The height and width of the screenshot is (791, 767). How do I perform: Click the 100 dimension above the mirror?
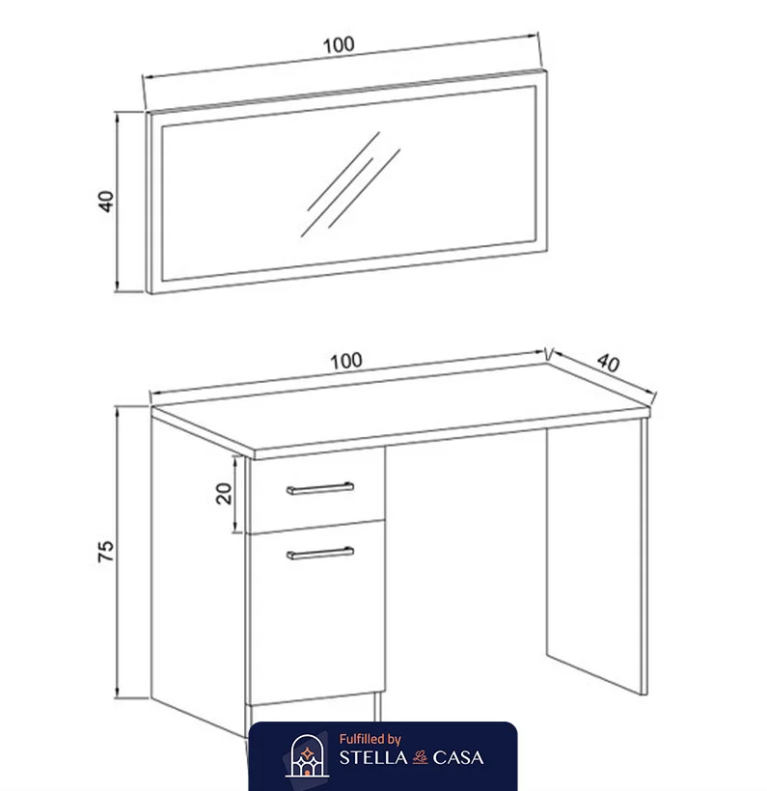338,45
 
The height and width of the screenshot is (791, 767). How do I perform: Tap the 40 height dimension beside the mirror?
106,201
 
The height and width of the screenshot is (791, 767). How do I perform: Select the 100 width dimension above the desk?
345,361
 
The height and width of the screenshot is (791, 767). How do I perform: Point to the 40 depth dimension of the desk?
608,363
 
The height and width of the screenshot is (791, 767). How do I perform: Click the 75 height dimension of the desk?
105,551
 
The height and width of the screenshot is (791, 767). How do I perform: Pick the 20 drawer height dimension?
224,493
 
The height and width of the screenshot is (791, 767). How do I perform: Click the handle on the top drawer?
320,488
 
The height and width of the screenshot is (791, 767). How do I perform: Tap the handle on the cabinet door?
320,554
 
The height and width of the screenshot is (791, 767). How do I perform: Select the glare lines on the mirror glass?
351,184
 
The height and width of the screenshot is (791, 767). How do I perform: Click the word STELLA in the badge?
373,757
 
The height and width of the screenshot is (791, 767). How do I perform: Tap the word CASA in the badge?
458,757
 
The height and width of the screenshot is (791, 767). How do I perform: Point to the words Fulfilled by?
370,740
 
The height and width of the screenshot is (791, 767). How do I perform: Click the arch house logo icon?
307,755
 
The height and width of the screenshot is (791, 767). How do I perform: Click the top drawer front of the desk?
316,489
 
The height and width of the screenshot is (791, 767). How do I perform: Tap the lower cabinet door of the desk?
316,613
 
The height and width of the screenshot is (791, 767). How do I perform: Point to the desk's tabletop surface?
401,406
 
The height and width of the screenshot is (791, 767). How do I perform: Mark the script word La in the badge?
420,757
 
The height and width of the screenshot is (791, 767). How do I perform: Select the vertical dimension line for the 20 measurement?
235,494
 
